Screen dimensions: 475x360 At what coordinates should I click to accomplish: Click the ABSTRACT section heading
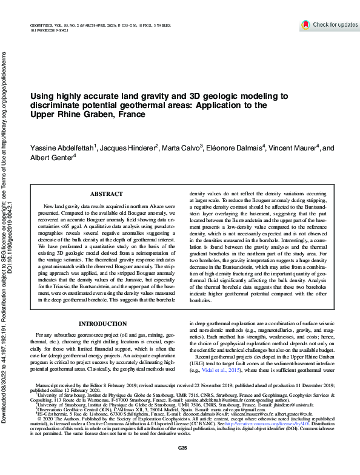point(107,194)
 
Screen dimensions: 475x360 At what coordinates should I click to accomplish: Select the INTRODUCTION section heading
point(107,324)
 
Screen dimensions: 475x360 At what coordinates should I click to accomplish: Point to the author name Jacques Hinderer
point(126,148)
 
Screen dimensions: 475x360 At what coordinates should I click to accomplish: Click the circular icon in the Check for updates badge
point(305,24)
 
